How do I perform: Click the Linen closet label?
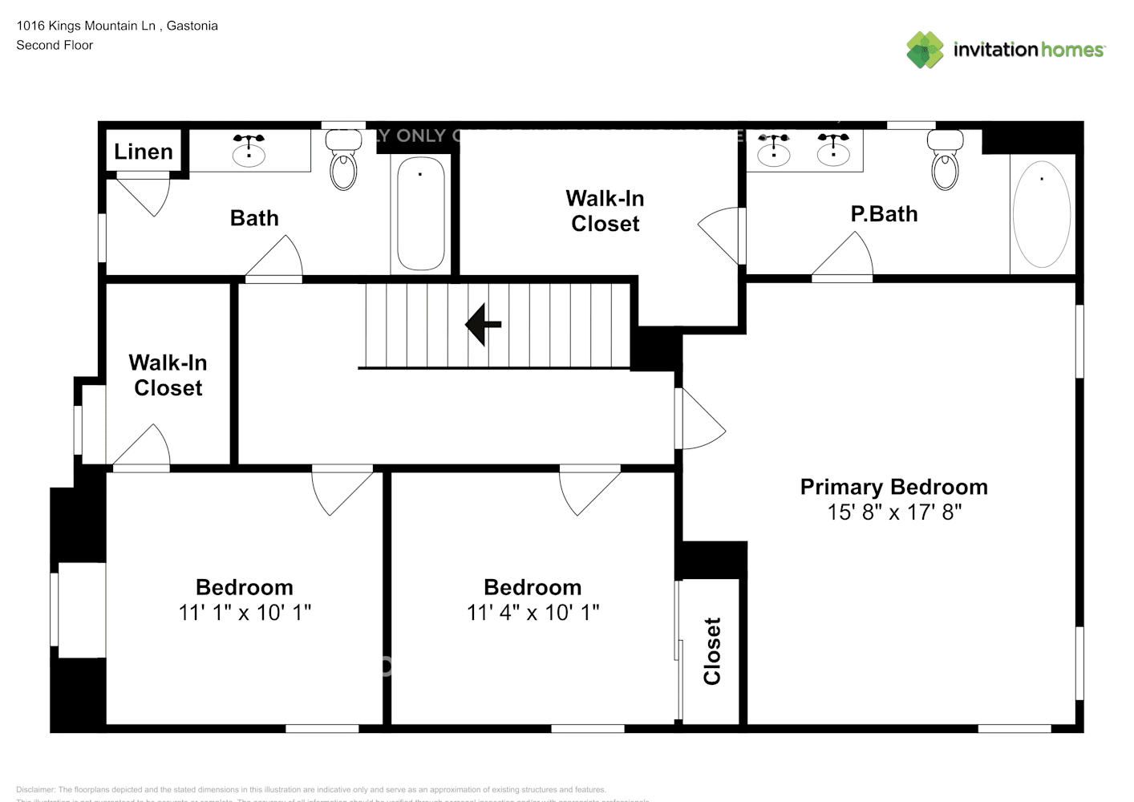click(x=144, y=152)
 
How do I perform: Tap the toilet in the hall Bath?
click(x=343, y=161)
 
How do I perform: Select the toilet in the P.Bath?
click(x=945, y=161)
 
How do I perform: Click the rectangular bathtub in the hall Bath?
click(x=421, y=213)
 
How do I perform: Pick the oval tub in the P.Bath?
click(x=1041, y=214)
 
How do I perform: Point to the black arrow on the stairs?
click(x=484, y=325)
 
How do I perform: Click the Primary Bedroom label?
click(x=893, y=487)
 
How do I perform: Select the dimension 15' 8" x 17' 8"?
click(x=893, y=512)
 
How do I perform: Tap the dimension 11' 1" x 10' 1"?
click(x=245, y=613)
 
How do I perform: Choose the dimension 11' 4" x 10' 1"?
click(x=533, y=613)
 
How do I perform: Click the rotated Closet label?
click(x=712, y=651)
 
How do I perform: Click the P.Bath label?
click(x=884, y=214)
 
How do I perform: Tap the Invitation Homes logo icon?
click(x=925, y=50)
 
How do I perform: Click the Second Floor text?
click(x=55, y=46)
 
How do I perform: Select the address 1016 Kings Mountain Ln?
click(x=86, y=26)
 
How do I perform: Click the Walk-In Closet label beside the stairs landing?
click(x=168, y=375)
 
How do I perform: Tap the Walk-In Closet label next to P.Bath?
click(x=605, y=211)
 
